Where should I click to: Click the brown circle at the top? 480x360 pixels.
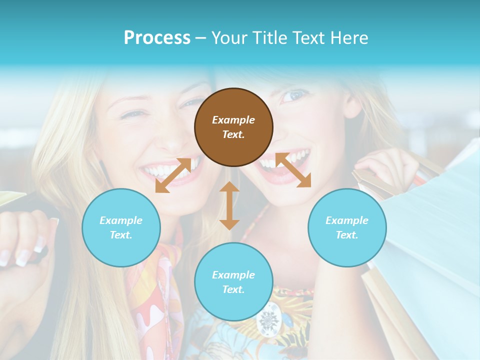pos(233,127)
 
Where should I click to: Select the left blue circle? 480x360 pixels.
pos(121,227)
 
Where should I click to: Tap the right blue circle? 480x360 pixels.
pos(347,227)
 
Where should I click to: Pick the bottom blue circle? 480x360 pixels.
pos(233,282)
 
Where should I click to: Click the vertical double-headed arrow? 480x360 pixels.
pos(229,205)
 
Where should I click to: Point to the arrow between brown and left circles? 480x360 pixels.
pos(173,175)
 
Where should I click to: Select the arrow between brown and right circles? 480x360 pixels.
pos(293,170)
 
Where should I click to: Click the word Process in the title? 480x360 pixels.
pos(157,38)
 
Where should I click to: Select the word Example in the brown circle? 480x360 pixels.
pos(233,120)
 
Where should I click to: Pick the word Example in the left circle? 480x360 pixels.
pos(121,220)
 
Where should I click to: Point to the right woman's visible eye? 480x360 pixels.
pos(295,95)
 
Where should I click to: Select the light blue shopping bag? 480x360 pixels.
pos(435,225)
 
